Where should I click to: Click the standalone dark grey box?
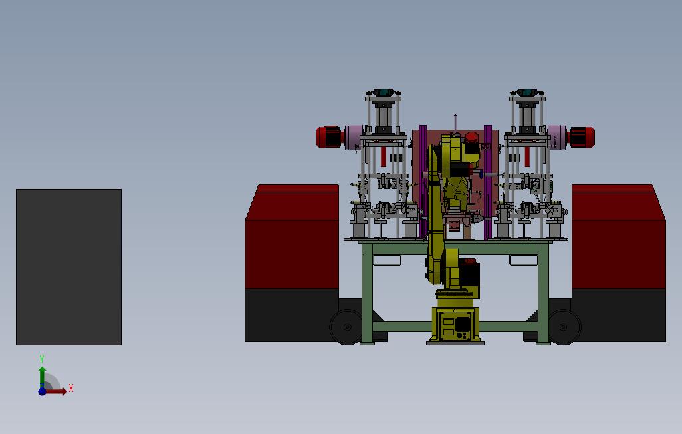(68, 267)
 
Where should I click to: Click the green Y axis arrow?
(42, 377)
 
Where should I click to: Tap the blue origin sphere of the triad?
(42, 391)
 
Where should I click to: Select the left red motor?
(329, 137)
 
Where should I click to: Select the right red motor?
(581, 137)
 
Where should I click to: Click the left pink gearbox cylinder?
(354, 137)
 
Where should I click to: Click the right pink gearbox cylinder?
(557, 137)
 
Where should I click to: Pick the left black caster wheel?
(347, 327)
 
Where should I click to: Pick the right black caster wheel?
(564, 327)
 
